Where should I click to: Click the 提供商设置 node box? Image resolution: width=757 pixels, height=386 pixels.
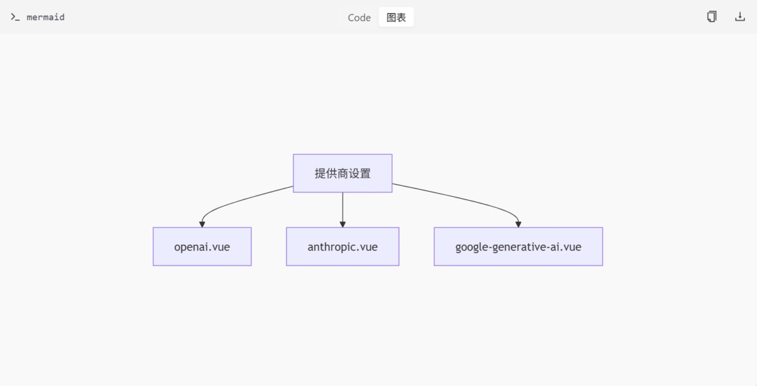(x=343, y=173)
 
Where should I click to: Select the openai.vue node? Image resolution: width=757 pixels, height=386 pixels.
(x=202, y=247)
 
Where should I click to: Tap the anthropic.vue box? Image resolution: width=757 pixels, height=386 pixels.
(x=343, y=247)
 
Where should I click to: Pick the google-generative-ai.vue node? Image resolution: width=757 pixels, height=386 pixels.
(x=519, y=247)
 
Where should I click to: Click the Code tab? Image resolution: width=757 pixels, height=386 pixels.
(x=359, y=17)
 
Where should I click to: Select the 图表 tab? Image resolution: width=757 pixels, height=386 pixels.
(x=396, y=17)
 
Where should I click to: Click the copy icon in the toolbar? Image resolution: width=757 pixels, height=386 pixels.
(x=712, y=16)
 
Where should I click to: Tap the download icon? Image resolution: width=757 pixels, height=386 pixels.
(x=740, y=16)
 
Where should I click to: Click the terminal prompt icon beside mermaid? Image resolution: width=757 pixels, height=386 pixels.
(x=15, y=17)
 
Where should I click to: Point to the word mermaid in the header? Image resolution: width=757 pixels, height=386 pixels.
(x=45, y=17)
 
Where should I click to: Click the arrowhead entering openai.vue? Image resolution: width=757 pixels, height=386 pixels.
(x=202, y=225)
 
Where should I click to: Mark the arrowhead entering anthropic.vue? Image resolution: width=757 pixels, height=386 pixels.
(x=343, y=225)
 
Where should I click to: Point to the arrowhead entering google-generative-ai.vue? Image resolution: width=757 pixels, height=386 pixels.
(x=519, y=225)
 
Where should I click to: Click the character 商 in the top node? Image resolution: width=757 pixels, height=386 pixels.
(x=343, y=173)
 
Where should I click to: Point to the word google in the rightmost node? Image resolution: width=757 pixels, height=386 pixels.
(x=471, y=247)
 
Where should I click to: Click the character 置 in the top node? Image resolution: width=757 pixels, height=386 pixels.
(x=365, y=173)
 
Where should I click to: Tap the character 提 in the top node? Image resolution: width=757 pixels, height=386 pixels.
(x=320, y=173)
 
